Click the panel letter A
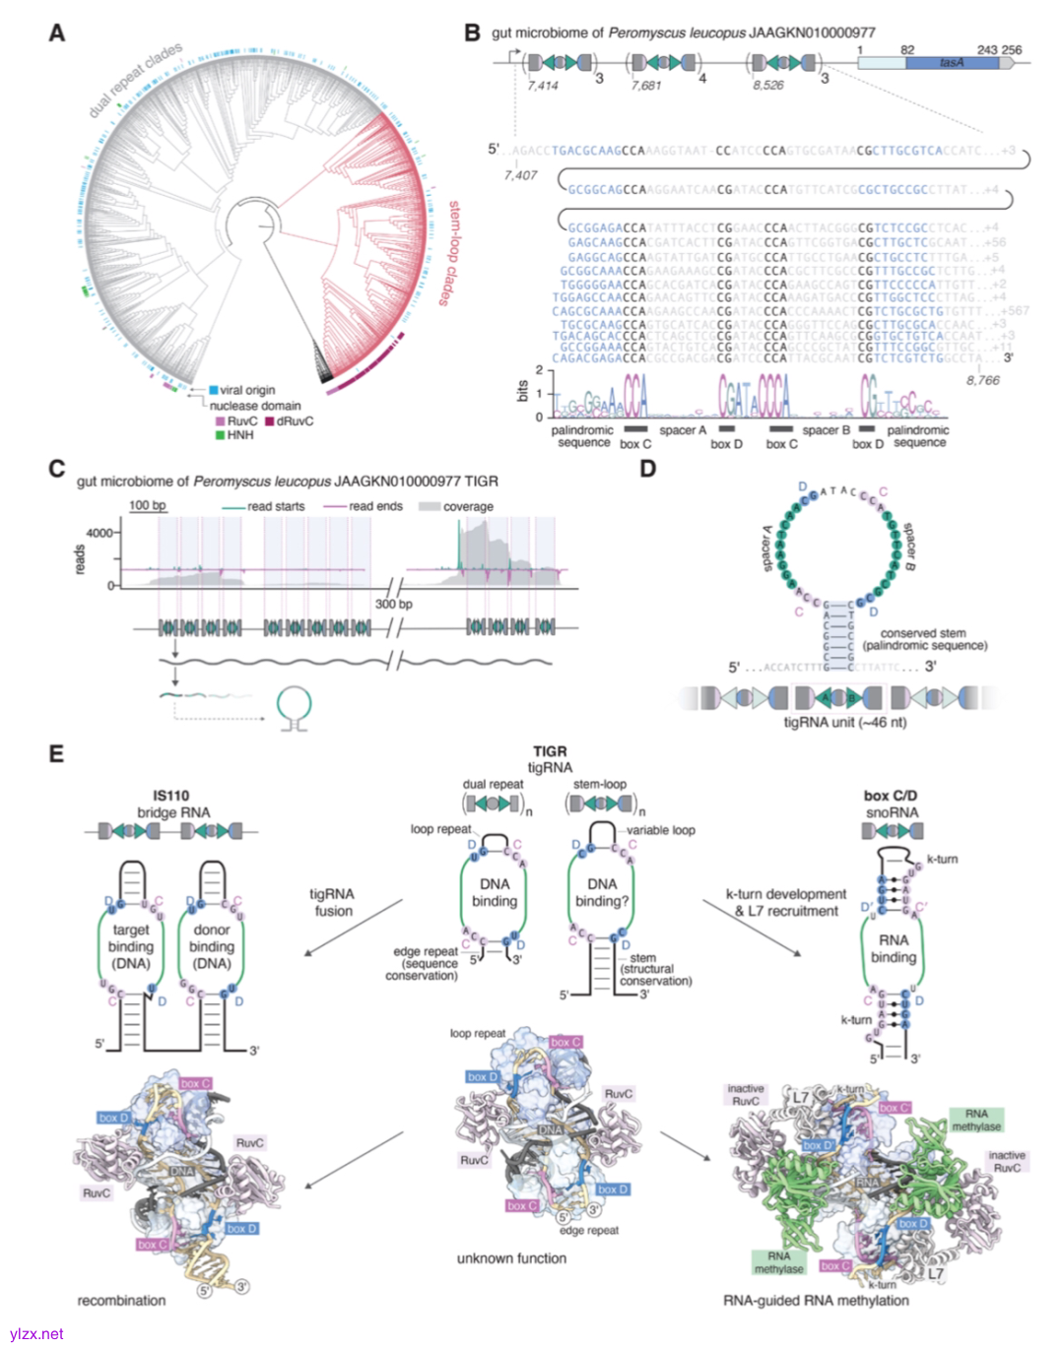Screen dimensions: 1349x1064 pyautogui.click(x=57, y=33)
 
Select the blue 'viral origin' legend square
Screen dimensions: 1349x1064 pyautogui.click(x=213, y=390)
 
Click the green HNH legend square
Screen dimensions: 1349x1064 pyautogui.click(x=220, y=434)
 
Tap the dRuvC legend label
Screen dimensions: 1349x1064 pyautogui.click(x=295, y=421)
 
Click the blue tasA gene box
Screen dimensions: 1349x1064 pyautogui.click(x=952, y=62)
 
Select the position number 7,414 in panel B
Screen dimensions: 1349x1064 pyautogui.click(x=542, y=86)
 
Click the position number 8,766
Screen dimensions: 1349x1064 pyautogui.click(x=982, y=380)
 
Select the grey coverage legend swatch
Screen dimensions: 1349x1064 pyautogui.click(x=429, y=506)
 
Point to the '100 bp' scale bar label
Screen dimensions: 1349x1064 pyautogui.click(x=148, y=506)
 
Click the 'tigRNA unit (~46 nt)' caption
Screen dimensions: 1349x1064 pyautogui.click(x=845, y=722)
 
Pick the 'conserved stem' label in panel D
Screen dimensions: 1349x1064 pyautogui.click(x=923, y=633)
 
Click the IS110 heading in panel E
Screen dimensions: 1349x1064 pyautogui.click(x=171, y=796)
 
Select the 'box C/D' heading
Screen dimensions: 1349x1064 pyautogui.click(x=891, y=796)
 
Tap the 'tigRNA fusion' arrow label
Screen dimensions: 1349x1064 pyautogui.click(x=332, y=902)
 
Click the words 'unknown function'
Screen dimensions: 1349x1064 pyautogui.click(x=511, y=1258)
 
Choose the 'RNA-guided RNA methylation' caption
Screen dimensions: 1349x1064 pyautogui.click(x=816, y=1301)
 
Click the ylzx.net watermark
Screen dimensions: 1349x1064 pyautogui.click(x=35, y=1334)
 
